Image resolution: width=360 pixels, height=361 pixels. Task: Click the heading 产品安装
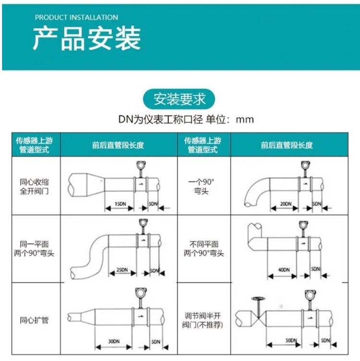(87, 38)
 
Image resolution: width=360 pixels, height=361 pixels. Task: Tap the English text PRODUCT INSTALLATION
(76, 17)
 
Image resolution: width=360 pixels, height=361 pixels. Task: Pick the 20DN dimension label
(286, 204)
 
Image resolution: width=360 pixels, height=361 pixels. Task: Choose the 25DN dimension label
(121, 270)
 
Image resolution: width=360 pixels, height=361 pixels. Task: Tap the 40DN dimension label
(284, 269)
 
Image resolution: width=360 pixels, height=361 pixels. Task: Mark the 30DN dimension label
(114, 341)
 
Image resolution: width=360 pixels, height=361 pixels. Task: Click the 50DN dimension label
(290, 340)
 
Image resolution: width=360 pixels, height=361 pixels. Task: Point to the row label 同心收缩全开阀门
(34, 186)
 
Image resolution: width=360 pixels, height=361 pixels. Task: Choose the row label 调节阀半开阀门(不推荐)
(204, 320)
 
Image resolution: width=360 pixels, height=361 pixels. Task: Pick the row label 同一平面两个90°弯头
(34, 249)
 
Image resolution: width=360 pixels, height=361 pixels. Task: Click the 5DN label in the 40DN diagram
(315, 269)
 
